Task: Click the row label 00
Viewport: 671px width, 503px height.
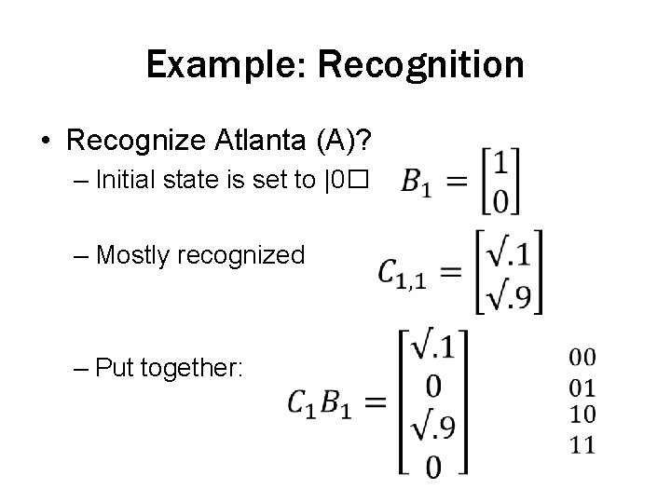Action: (x=582, y=357)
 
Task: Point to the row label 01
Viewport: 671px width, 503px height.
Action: (x=582, y=387)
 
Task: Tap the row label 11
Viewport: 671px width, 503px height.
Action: (x=582, y=444)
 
